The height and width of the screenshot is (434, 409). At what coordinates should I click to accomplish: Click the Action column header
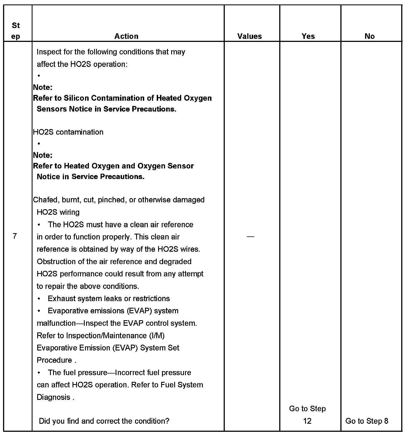coord(126,36)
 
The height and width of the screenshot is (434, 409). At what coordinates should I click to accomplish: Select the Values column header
coord(250,36)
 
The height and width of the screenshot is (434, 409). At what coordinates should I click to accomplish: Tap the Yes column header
coord(308,36)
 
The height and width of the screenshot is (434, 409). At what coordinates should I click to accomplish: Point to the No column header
coord(370,36)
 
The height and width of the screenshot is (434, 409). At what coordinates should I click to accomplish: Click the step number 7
coord(15,236)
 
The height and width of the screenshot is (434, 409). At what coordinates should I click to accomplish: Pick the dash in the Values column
coord(250,236)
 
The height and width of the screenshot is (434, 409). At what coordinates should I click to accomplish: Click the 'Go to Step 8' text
coord(367,421)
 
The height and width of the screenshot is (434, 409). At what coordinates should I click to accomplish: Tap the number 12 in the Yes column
coord(307,421)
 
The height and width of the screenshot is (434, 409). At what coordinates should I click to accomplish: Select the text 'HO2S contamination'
coord(68,132)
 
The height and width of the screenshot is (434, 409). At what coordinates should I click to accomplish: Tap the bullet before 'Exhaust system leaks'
coord(39,299)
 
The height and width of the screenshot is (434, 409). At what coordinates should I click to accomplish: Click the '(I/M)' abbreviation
coord(157,335)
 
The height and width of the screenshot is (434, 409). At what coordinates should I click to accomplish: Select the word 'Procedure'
coord(54,360)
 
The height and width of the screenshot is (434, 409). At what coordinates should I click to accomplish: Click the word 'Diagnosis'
coord(53,397)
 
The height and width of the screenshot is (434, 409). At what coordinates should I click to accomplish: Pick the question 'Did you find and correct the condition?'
coord(104,421)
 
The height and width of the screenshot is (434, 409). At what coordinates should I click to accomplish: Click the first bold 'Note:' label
coord(43,87)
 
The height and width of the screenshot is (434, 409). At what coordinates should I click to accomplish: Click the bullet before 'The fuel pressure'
coord(39,373)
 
